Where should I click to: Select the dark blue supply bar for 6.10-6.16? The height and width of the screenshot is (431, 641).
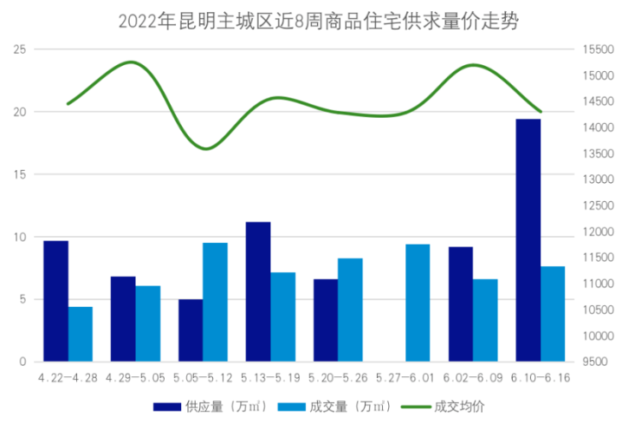point(528,240)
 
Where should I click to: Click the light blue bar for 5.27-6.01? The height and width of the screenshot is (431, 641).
point(418,303)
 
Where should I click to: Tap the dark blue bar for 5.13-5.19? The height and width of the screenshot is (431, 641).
point(258,291)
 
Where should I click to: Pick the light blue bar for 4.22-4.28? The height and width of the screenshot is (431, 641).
point(81,334)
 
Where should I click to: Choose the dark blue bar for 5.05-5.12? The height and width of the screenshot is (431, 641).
point(191,330)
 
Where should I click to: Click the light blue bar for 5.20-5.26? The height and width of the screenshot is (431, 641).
point(350,310)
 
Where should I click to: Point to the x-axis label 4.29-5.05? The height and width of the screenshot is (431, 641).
point(133,378)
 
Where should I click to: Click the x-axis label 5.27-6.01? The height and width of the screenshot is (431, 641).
point(405,378)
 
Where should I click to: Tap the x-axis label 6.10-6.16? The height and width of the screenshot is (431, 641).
point(541,378)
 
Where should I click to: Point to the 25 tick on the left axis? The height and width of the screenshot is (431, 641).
point(19,49)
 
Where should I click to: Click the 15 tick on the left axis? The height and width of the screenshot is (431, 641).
point(19,174)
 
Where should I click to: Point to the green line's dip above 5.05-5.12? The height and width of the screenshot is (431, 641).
point(204,148)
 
